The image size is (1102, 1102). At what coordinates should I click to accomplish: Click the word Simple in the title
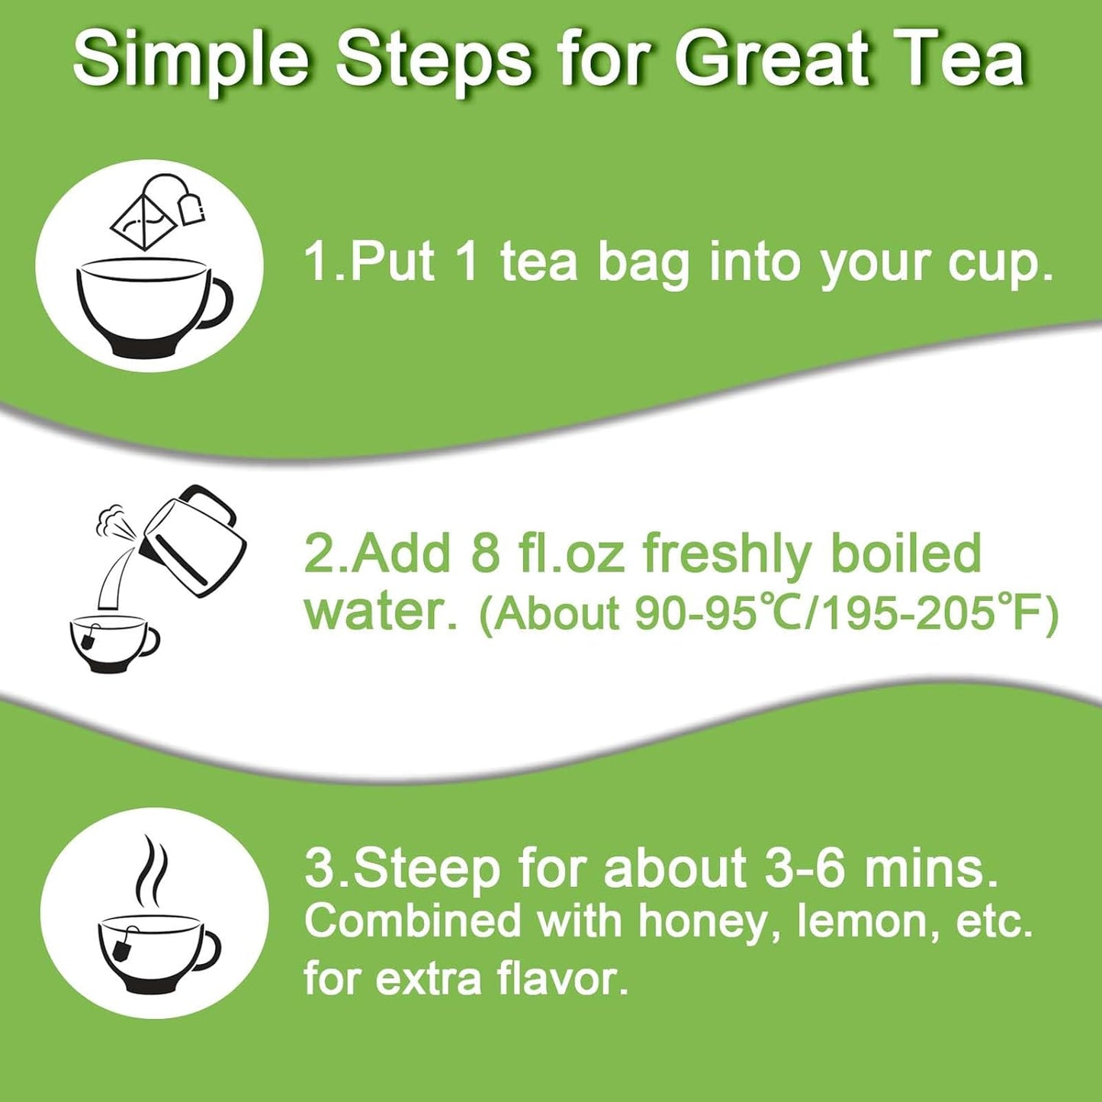coord(191,60)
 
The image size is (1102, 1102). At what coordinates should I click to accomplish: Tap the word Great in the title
coord(771,60)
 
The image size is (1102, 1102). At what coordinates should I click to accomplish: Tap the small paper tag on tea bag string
coord(193,209)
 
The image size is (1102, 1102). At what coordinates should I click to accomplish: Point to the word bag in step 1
coord(642,263)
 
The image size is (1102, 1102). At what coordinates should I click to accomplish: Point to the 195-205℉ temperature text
coord(930,614)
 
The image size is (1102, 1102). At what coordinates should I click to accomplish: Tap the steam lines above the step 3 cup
coord(150,870)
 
